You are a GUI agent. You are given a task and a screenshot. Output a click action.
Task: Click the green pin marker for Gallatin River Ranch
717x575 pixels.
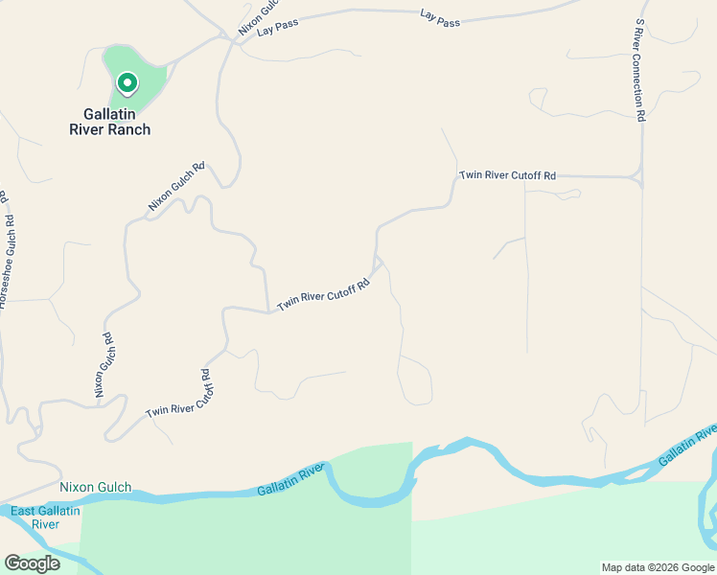[127, 84]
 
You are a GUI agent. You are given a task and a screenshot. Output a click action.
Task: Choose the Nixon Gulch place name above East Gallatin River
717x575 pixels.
[95, 487]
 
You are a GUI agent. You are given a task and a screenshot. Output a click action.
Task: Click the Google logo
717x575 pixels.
[32, 563]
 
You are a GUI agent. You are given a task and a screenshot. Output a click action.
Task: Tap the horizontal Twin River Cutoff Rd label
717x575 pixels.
[507, 175]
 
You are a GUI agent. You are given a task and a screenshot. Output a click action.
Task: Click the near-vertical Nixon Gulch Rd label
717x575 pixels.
[104, 365]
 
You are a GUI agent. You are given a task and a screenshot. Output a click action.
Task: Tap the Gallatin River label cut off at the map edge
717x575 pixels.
[688, 448]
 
